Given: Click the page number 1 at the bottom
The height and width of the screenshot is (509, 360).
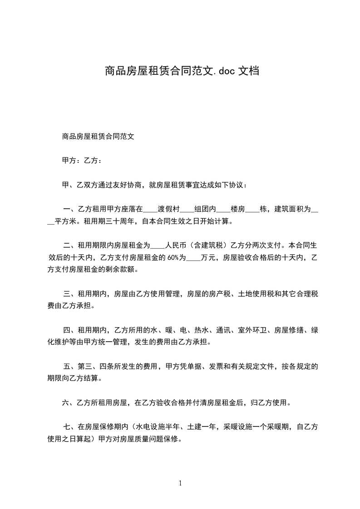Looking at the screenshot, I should click(x=180, y=484).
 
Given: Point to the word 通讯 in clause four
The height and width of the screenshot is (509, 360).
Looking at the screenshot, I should click(x=224, y=330).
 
